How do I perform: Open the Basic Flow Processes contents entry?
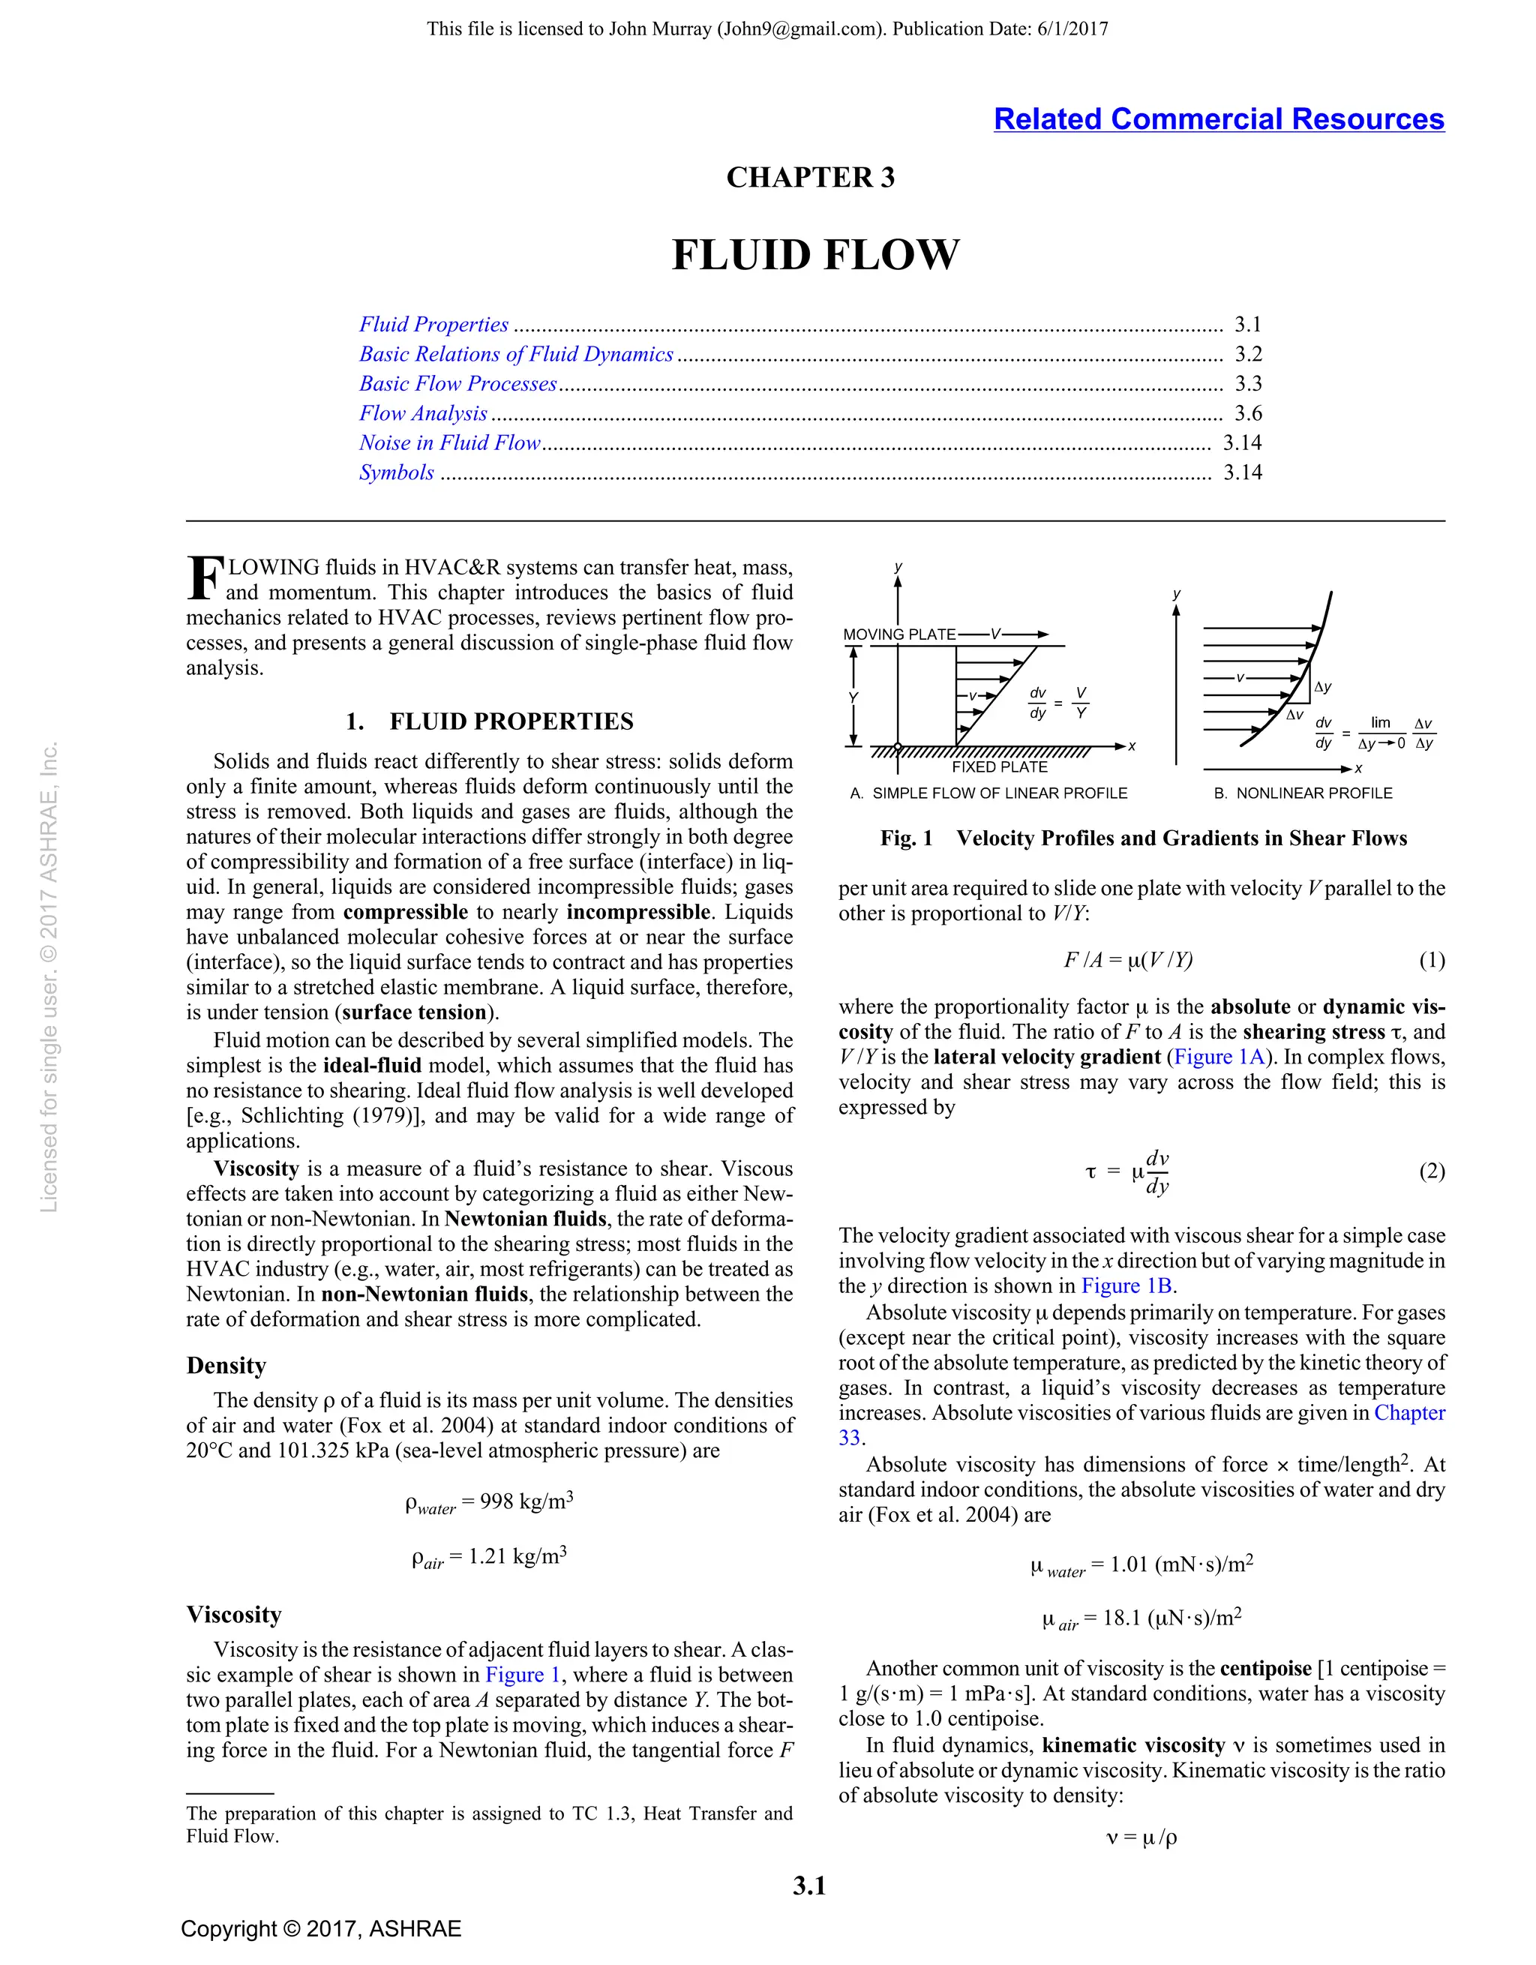[458, 383]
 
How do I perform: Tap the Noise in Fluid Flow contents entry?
[450, 442]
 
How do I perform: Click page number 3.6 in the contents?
[1248, 413]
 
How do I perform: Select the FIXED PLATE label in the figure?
[999, 766]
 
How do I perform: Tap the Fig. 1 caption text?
[1143, 838]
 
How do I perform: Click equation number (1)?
[1431, 960]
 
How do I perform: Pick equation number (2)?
[1431, 1171]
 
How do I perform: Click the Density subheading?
[226, 1366]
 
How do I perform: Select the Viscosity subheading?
[234, 1614]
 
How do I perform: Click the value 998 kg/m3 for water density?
[526, 1501]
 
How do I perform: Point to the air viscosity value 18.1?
[1121, 1618]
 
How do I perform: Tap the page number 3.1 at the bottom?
[809, 1885]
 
